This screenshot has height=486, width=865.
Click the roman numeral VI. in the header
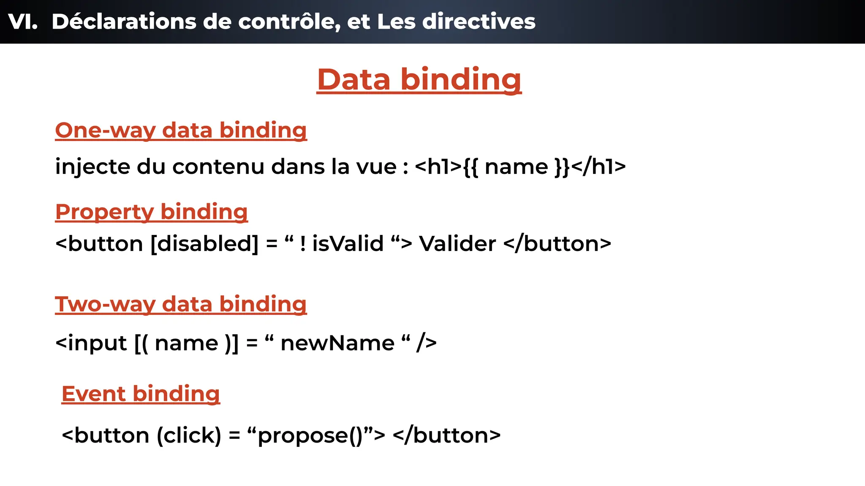point(23,22)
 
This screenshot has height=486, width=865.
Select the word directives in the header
point(479,22)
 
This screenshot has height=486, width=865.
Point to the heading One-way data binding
point(181,130)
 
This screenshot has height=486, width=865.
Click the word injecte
point(92,167)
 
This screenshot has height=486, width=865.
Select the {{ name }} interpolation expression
point(516,167)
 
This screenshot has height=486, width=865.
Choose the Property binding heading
point(151,212)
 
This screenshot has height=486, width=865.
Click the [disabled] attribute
point(204,244)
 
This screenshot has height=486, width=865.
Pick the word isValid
point(348,244)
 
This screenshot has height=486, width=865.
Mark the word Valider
point(457,244)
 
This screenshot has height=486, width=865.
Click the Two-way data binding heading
point(181,304)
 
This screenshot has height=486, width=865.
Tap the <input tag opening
point(91,343)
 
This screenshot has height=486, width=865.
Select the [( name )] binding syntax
point(187,343)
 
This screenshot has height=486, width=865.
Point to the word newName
point(337,343)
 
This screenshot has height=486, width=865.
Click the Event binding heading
point(141,394)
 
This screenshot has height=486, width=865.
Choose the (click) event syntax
point(189,435)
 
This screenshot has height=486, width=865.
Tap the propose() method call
point(310,435)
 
